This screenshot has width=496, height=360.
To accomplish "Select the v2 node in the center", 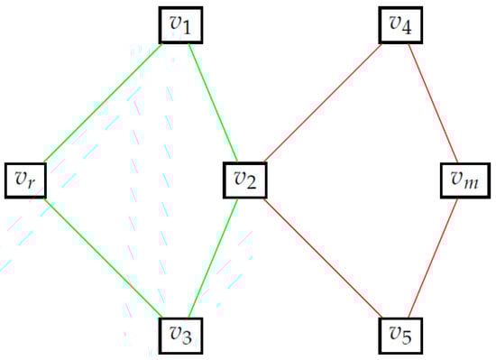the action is point(245,180).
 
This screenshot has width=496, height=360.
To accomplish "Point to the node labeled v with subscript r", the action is point(26,180).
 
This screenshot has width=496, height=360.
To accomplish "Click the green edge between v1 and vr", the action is point(102,103).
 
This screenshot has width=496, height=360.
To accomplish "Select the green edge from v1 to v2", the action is point(212,103).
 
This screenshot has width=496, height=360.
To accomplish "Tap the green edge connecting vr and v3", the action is point(102,258).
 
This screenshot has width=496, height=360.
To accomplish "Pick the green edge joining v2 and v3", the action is point(212,258).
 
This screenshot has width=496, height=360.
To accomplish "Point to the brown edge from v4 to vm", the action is point(433,103).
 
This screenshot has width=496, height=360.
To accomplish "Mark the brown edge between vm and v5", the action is point(433,258).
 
